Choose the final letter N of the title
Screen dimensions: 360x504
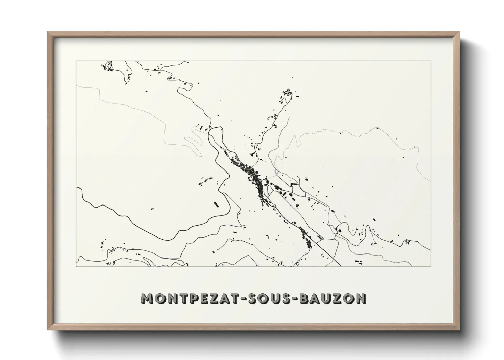click(x=360, y=298)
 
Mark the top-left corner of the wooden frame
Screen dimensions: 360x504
click(x=48, y=32)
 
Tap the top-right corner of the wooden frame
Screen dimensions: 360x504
click(x=459, y=32)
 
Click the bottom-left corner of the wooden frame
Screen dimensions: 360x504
click(x=48, y=329)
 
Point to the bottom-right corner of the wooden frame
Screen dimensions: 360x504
click(x=459, y=329)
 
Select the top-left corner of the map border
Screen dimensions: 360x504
click(x=76, y=61)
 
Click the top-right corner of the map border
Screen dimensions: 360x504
click(x=431, y=61)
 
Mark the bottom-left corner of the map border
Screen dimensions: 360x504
click(x=76, y=266)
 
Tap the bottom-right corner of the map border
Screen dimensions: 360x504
click(x=431, y=266)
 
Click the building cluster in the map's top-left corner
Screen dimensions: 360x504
click(x=108, y=66)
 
